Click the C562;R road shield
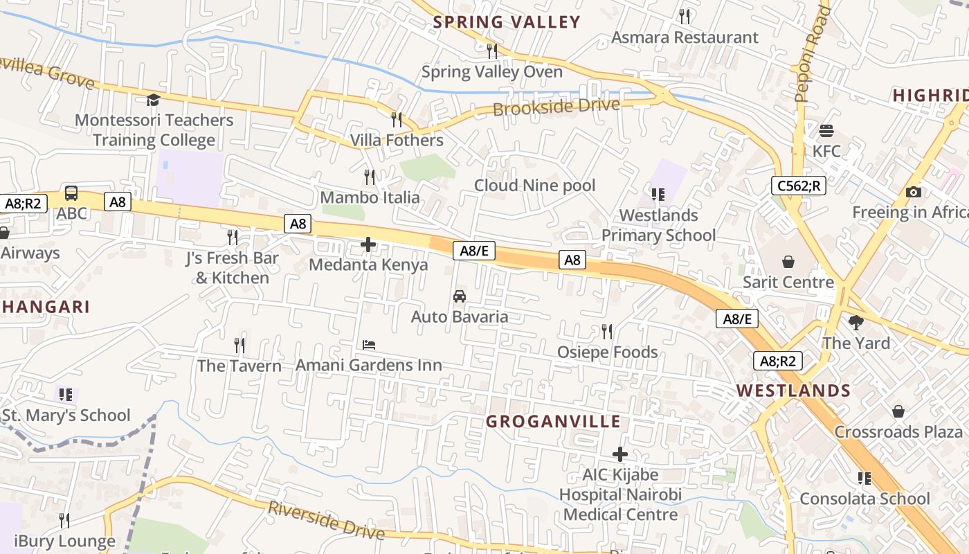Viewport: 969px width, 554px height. click(x=799, y=186)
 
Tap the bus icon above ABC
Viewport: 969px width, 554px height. click(x=71, y=193)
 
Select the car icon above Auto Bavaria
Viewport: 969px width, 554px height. click(x=459, y=296)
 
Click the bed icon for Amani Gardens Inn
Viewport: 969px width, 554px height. click(x=369, y=344)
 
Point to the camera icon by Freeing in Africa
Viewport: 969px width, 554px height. click(x=913, y=193)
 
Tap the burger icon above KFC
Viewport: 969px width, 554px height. click(x=826, y=131)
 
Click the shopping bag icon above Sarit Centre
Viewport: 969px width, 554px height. click(x=788, y=262)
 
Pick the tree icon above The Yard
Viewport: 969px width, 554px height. click(x=856, y=323)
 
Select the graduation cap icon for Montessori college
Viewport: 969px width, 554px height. click(x=153, y=100)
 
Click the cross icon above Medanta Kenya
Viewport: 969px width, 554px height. click(x=368, y=244)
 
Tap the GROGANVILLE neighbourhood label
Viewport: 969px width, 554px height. click(x=552, y=422)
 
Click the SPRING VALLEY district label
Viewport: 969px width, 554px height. click(x=507, y=22)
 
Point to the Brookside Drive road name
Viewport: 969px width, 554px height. click(x=556, y=107)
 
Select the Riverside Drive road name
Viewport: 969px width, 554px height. click(x=326, y=519)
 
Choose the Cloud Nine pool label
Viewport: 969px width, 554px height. click(x=534, y=186)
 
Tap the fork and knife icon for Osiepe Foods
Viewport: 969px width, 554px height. click(x=607, y=332)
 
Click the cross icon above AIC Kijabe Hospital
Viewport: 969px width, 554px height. click(x=620, y=454)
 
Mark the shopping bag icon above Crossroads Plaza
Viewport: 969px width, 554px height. click(x=898, y=412)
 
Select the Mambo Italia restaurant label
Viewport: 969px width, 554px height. click(x=370, y=197)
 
